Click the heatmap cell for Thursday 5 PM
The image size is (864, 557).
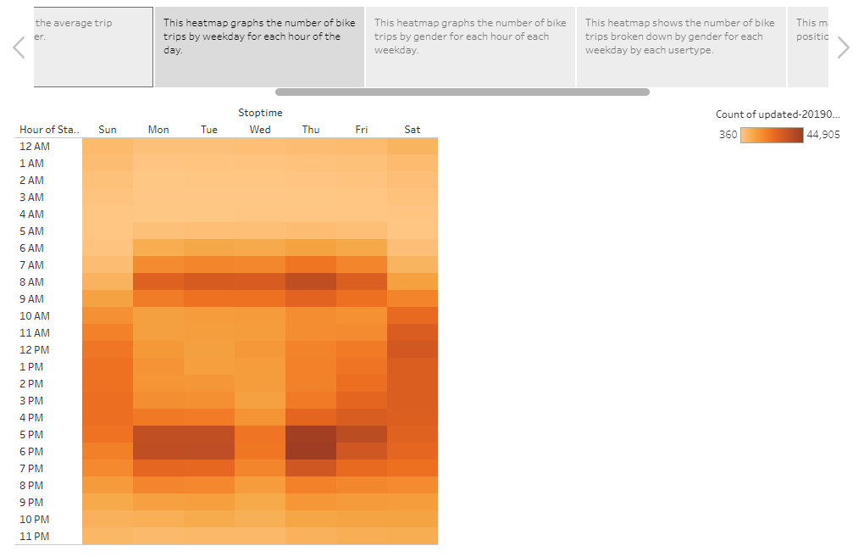point(311,434)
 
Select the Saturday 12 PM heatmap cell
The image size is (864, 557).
point(413,349)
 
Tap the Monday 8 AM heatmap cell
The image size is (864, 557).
point(158,281)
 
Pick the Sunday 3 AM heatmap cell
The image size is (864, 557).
point(108,197)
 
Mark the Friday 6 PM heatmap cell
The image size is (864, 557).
point(362,451)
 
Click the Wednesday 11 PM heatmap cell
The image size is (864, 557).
point(260,536)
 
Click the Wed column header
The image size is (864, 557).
point(260,130)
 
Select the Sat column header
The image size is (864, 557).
point(413,130)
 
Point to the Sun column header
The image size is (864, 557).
point(108,130)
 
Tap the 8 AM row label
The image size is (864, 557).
point(32,282)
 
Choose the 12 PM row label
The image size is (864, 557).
point(34,350)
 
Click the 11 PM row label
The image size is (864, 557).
point(34,537)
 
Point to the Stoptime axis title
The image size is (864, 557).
point(260,113)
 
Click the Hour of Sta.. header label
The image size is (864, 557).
point(49,130)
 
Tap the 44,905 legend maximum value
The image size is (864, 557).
point(823,135)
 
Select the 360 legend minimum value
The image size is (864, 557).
point(728,135)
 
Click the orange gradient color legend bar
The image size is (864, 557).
point(772,135)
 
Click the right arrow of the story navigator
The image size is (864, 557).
point(843,48)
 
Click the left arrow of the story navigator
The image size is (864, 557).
point(19,48)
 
